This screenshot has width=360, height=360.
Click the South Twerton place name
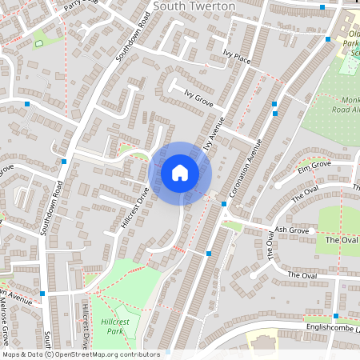[194, 6]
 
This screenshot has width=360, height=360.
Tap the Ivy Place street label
[237, 58]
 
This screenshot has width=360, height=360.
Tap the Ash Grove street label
[288, 230]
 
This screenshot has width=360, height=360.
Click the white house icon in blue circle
[180, 173]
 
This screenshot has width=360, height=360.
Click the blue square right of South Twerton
[322, 7]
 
